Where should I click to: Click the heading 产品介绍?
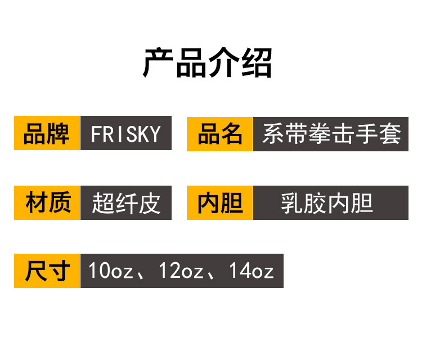click(208, 62)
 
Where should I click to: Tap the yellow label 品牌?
click(47, 134)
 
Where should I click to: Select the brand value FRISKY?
click(126, 134)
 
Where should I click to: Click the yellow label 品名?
click(220, 134)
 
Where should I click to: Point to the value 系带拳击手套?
click(331, 134)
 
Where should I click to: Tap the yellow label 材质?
click(47, 202)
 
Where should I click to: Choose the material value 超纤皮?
click(126, 202)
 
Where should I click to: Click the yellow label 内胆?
click(220, 202)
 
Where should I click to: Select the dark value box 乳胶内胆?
click(331, 202)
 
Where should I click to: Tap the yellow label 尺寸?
click(47, 271)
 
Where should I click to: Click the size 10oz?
click(110, 271)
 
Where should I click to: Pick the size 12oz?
click(181, 271)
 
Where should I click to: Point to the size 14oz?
click(251, 271)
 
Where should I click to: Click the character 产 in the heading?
click(159, 62)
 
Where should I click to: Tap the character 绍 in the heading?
click(257, 62)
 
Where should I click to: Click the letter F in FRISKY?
click(95, 134)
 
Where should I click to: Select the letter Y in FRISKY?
click(156, 134)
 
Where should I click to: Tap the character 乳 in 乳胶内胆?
click(291, 202)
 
